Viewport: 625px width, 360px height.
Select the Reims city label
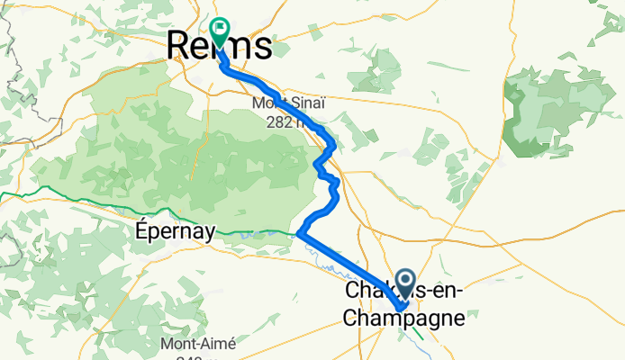[x=221, y=45]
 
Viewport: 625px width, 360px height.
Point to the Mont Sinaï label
[x=287, y=103]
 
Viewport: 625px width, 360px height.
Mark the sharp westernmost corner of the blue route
[x=298, y=234]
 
